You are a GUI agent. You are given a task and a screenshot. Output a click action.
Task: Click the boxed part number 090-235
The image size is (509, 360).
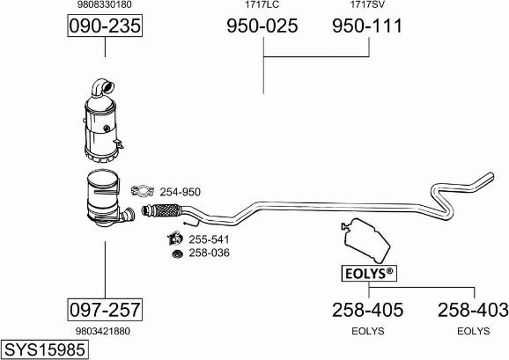pos(105,26)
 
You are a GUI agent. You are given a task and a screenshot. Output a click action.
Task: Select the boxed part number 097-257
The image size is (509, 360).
pos(105,310)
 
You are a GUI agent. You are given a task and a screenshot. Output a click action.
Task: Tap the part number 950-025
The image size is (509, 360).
pos(262,26)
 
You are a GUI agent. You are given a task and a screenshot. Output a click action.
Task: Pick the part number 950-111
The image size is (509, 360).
pos(367,26)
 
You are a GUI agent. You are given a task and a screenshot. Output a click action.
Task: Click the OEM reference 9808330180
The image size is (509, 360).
pos(105,4)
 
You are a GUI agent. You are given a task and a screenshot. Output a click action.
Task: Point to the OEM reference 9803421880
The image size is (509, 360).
pos(103,331)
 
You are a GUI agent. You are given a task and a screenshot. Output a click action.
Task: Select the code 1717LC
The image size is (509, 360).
pos(262,4)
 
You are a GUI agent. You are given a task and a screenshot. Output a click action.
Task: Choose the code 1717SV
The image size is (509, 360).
pos(367,4)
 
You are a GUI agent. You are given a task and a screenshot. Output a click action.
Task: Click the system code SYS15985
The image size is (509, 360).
pos(45,350)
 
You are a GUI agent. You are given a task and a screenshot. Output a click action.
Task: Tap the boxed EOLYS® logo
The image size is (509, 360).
pos(369,274)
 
